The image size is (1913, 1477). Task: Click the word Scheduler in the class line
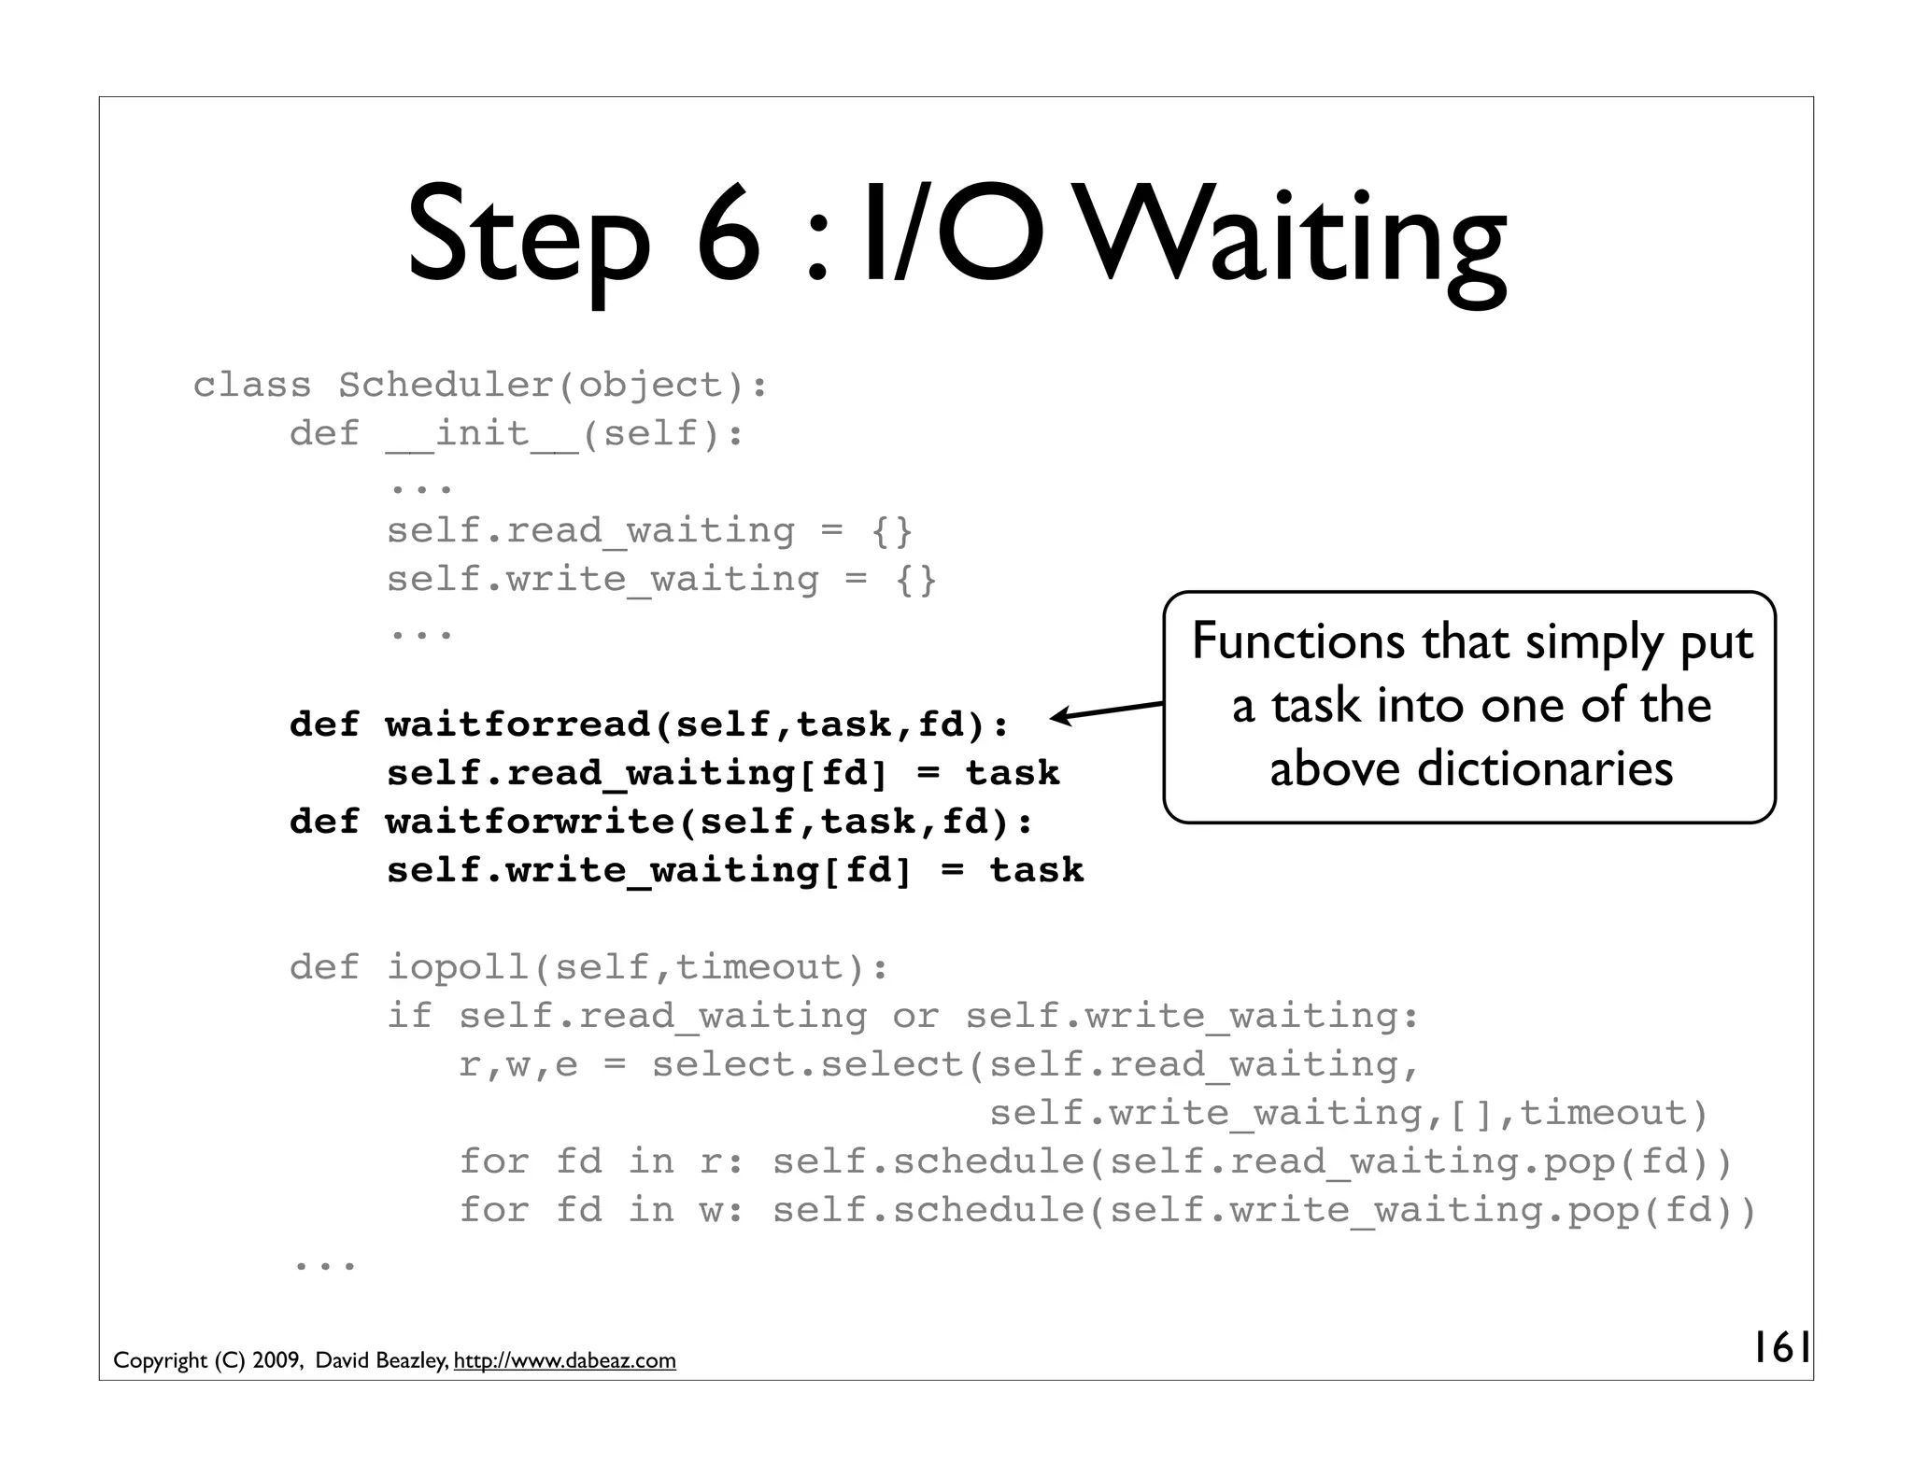pyautogui.click(x=446, y=385)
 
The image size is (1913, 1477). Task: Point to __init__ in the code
pyautogui.click(x=482, y=433)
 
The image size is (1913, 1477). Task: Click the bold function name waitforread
pyautogui.click(x=518, y=724)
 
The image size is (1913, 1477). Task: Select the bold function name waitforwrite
pyautogui.click(x=530, y=822)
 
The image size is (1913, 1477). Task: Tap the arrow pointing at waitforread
pyautogui.click(x=1107, y=711)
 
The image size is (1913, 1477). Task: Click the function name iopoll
pyautogui.click(x=458, y=967)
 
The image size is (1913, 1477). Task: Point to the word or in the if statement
pyautogui.click(x=915, y=1016)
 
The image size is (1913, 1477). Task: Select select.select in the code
pyautogui.click(x=808, y=1064)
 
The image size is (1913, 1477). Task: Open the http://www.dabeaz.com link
pyautogui.click(x=564, y=1361)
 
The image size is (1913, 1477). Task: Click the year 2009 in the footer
pyautogui.click(x=276, y=1361)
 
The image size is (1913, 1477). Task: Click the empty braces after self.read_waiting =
pyautogui.click(x=892, y=531)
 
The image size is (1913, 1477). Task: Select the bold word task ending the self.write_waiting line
pyautogui.click(x=1037, y=870)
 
